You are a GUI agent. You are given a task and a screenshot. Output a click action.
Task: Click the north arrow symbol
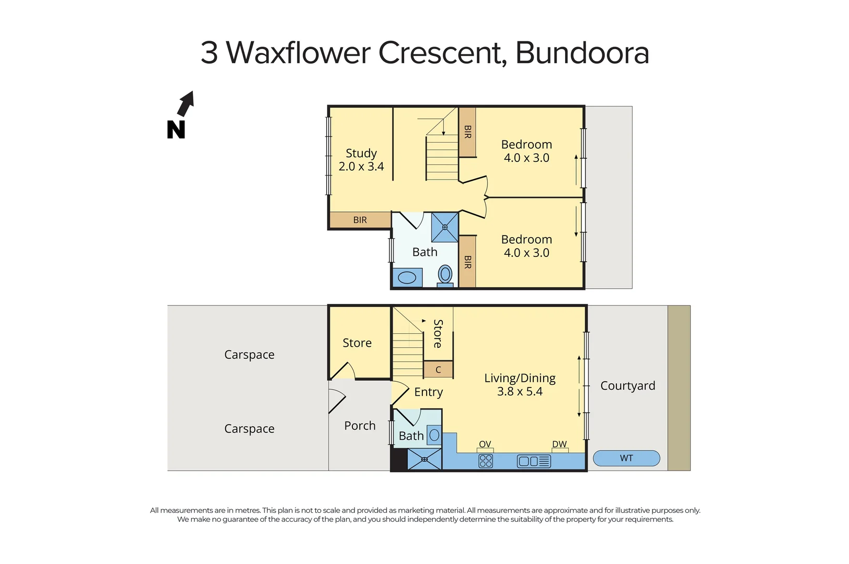(185, 104)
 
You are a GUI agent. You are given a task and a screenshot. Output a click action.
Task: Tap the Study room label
(361, 154)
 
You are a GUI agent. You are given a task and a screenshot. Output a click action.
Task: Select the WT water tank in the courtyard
(626, 459)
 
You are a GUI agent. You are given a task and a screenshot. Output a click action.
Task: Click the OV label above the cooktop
(485, 444)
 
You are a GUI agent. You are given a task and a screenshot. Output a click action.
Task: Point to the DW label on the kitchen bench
(559, 444)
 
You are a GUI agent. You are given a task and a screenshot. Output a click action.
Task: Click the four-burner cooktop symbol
(486, 461)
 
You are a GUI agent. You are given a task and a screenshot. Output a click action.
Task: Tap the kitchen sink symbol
(534, 461)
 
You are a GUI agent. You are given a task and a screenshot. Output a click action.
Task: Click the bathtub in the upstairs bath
(407, 277)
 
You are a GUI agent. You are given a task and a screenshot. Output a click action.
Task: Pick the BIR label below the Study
(360, 220)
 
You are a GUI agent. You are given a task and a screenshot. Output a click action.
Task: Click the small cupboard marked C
(438, 370)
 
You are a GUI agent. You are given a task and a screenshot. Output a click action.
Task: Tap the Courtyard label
(627, 386)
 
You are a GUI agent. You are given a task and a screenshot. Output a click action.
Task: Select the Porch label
(360, 426)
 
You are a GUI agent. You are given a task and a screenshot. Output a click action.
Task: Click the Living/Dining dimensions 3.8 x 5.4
(520, 392)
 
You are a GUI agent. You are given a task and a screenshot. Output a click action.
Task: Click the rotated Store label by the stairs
(438, 334)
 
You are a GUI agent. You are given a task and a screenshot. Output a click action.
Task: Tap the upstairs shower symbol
(445, 227)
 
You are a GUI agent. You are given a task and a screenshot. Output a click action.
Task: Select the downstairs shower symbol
(425, 460)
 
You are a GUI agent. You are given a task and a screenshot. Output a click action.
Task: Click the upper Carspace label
(249, 355)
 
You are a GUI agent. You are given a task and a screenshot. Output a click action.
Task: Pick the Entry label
(429, 392)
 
